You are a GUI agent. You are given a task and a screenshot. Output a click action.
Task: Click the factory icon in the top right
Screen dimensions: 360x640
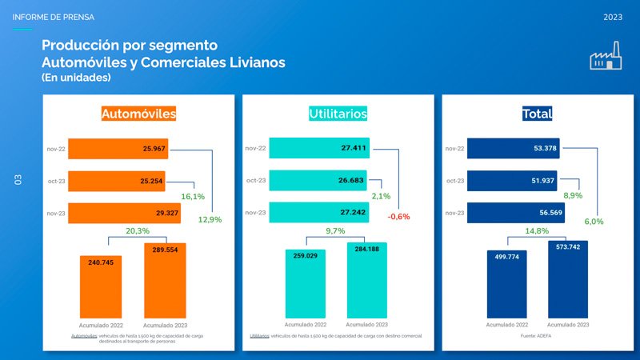[x=606, y=59]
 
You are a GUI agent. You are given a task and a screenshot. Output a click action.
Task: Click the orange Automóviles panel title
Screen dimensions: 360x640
[x=138, y=114]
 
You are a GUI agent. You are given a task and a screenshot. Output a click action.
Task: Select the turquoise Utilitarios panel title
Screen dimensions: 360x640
[x=338, y=114]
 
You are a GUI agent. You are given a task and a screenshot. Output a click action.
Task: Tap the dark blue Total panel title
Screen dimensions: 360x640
[x=536, y=114]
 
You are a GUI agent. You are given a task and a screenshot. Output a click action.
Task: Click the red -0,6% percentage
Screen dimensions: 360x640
[x=398, y=217]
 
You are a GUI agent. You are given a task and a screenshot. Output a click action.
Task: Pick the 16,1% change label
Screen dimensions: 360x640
[x=193, y=196]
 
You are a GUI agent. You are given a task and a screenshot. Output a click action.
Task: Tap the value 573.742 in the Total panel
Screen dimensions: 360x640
[x=567, y=248]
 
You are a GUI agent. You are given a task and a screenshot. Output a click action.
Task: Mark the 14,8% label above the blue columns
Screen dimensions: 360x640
[x=536, y=231]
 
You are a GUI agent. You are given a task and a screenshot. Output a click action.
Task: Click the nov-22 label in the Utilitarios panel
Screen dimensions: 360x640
[x=255, y=148]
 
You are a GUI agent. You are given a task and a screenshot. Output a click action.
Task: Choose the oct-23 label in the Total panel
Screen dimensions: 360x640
[x=454, y=181]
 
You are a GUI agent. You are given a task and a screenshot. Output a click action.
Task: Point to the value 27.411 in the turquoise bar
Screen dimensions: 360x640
[x=353, y=148]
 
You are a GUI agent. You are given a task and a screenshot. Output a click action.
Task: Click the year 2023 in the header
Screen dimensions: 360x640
[x=613, y=17]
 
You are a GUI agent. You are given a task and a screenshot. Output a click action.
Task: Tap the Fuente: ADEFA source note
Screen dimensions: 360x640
[x=536, y=335]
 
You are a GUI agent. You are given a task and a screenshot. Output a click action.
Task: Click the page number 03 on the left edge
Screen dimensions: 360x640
[x=18, y=181]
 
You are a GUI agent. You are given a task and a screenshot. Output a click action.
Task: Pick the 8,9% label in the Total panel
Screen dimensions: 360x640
[x=573, y=196]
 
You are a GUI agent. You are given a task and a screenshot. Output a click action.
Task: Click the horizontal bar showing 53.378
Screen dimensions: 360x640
[x=513, y=148]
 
